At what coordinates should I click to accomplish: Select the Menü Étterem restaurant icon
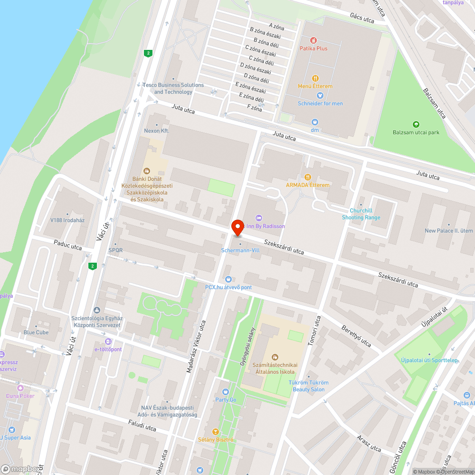(x=315, y=78)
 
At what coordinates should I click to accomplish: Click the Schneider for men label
(x=320, y=104)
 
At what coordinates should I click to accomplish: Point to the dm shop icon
(x=314, y=122)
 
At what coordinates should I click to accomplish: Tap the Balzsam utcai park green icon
(x=416, y=124)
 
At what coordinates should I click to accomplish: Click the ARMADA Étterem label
(x=307, y=185)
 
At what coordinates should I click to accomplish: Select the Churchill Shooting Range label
(x=361, y=214)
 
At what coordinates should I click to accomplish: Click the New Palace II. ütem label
(x=449, y=231)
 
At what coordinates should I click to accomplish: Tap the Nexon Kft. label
(x=157, y=131)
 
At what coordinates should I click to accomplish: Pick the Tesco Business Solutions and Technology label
(x=173, y=88)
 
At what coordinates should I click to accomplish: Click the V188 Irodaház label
(x=67, y=220)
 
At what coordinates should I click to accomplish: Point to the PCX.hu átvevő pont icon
(x=228, y=279)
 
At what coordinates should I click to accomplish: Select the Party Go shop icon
(x=226, y=392)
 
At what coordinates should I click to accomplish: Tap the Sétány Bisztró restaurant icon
(x=216, y=432)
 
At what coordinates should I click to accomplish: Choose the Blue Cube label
(x=36, y=332)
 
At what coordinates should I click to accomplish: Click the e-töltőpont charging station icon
(x=108, y=342)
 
